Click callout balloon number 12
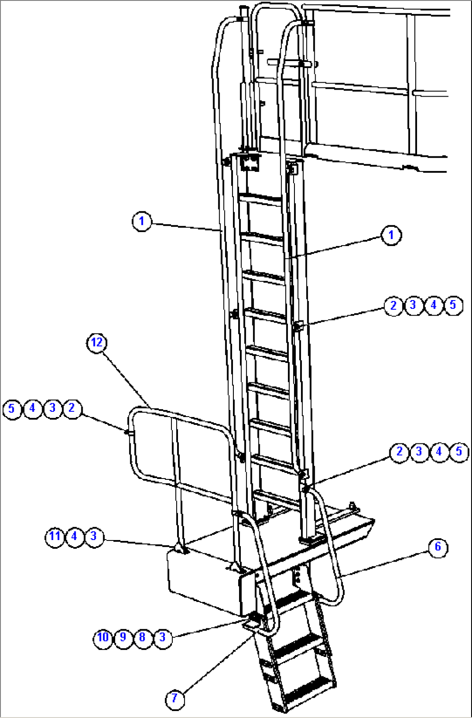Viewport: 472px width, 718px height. point(97,343)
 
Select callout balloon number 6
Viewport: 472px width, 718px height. point(438,547)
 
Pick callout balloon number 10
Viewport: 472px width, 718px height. point(103,637)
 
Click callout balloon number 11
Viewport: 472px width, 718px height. point(55,537)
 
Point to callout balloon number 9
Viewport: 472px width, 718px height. point(123,637)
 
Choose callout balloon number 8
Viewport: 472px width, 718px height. point(143,637)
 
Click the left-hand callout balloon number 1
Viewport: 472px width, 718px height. point(142,221)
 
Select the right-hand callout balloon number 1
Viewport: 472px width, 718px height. point(391,236)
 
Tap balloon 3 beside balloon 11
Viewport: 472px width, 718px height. point(94,537)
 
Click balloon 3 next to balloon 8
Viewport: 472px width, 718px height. point(163,637)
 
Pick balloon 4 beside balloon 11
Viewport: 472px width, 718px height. point(74,537)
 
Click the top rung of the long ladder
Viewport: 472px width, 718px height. point(260,199)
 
